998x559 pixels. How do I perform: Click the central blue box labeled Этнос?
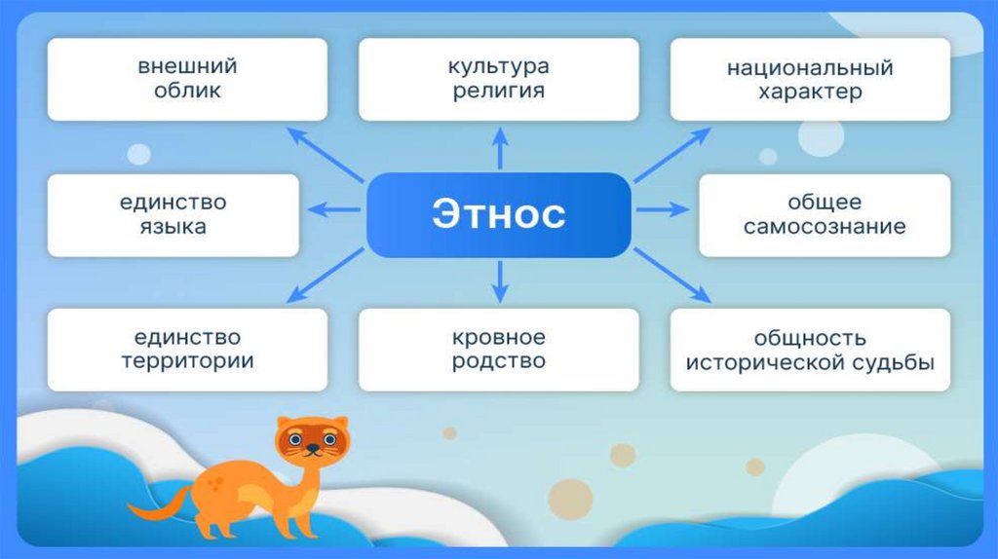(498, 215)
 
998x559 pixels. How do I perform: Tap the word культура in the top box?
(498, 67)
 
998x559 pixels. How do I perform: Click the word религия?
(498, 92)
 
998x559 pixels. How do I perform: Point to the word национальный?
(809, 69)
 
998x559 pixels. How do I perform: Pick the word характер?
(809, 93)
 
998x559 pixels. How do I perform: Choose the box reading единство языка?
(173, 215)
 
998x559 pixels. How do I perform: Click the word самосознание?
(825, 228)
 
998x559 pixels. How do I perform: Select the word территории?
(187, 361)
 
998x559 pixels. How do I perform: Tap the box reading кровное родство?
(498, 350)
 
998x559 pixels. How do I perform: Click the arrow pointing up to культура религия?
(500, 149)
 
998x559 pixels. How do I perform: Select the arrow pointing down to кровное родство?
(500, 279)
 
